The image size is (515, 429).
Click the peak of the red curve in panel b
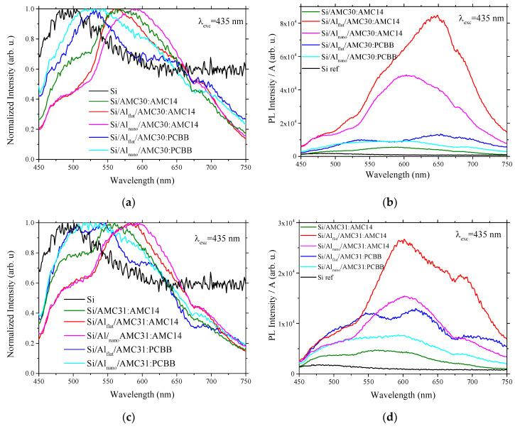tap(460, 16)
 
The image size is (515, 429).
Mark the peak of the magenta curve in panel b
tap(428, 75)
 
